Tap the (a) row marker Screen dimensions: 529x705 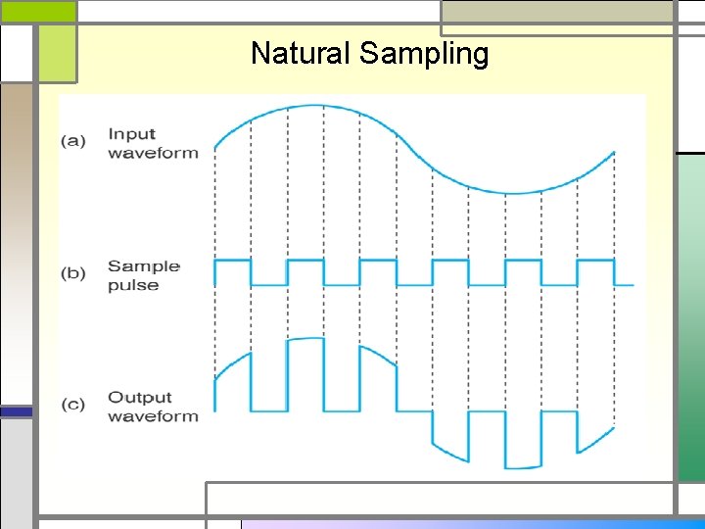pyautogui.click(x=73, y=141)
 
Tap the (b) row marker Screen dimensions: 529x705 pyautogui.click(x=73, y=273)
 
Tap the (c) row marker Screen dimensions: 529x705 pyautogui.click(x=73, y=405)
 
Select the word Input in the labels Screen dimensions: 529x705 pyautogui.click(x=131, y=134)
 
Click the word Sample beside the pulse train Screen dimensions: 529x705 pyautogui.click(x=143, y=265)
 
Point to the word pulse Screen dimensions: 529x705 pyautogui.click(x=132, y=285)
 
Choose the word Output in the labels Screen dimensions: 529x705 pyautogui.click(x=139, y=397)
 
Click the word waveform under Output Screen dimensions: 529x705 pyautogui.click(x=153, y=416)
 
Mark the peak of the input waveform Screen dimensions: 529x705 pyautogui.click(x=313, y=105)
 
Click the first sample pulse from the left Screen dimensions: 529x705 pyautogui.click(x=232, y=262)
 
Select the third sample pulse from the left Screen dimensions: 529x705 pyautogui.click(x=377, y=262)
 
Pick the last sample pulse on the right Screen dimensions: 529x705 pyautogui.click(x=595, y=262)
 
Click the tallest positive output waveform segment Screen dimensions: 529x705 pyautogui.click(x=305, y=342)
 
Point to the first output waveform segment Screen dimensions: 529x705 pyautogui.click(x=232, y=367)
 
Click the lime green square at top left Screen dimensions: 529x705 pyautogui.click(x=57, y=53)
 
